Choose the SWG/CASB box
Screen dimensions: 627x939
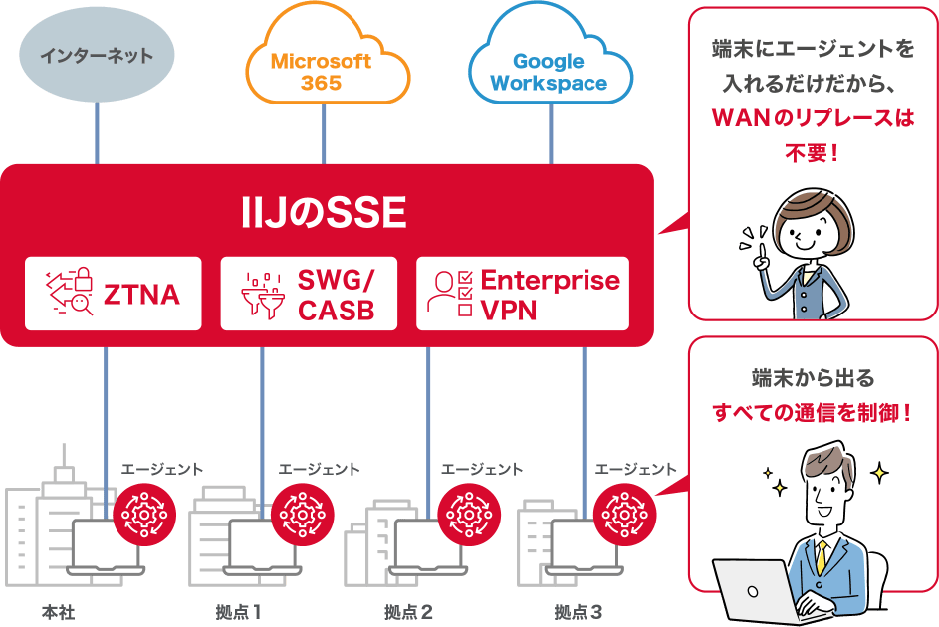coord(309,294)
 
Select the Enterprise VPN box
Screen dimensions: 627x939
coord(523,294)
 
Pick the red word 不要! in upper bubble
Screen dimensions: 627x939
coord(813,153)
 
